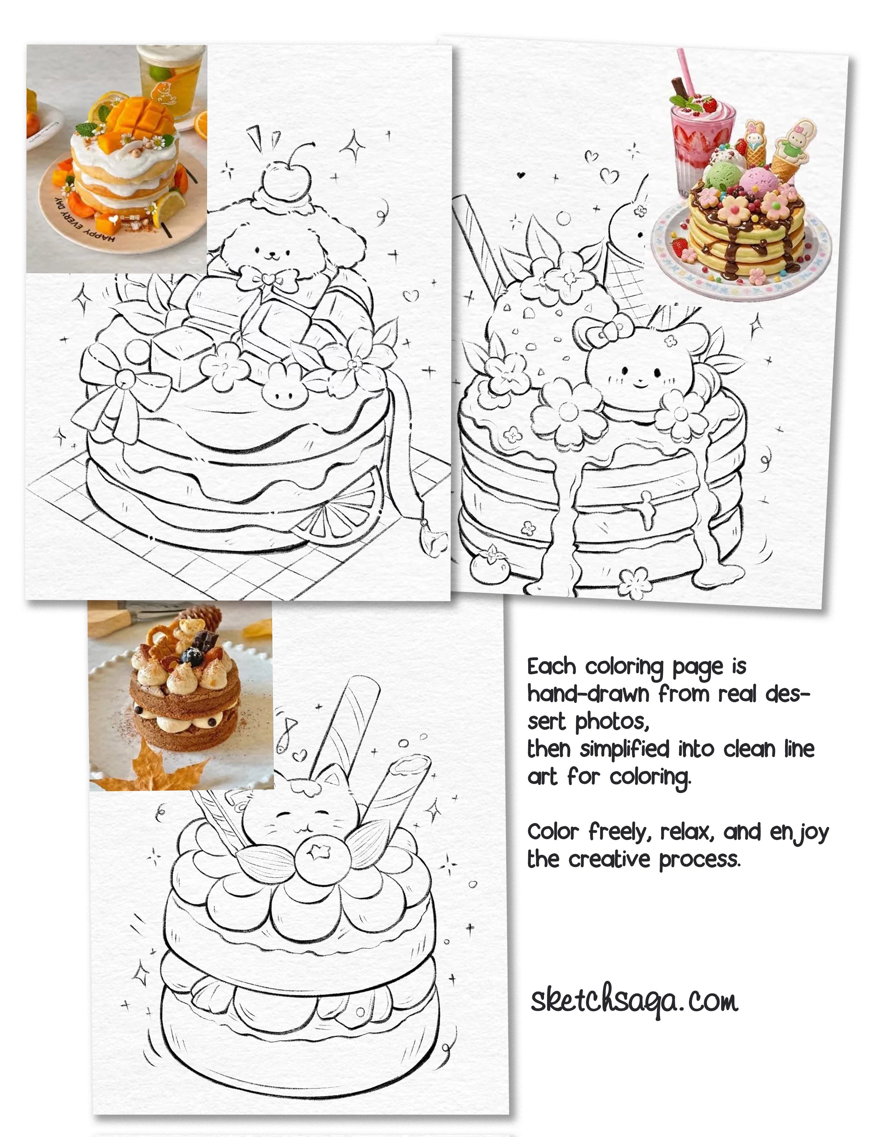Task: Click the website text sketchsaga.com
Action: pos(634,1001)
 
